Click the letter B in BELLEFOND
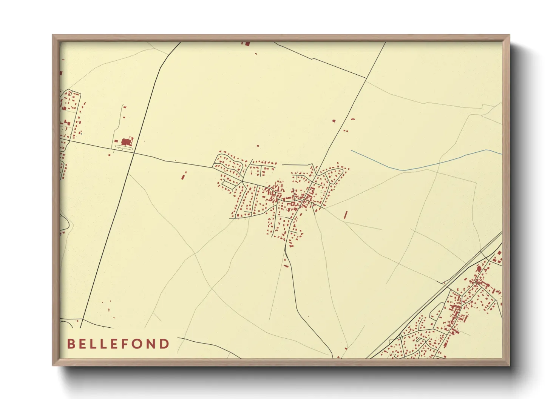pyautogui.click(x=71, y=344)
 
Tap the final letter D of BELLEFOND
pyautogui.click(x=165, y=344)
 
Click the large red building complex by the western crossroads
pyautogui.click(x=126, y=142)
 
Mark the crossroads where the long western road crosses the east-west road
pyautogui.click(x=133, y=152)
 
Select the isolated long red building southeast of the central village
pyautogui.click(x=346, y=215)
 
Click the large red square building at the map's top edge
pyautogui.click(x=247, y=43)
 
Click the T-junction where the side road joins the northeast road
pyautogui.click(x=366, y=78)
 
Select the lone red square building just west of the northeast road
pyautogui.click(x=334, y=121)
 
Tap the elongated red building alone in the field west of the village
pyautogui.click(x=184, y=176)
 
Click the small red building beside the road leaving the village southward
pyautogui.click(x=286, y=266)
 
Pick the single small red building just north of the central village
pyautogui.click(x=258, y=146)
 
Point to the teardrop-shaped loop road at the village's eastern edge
pyautogui.click(x=336, y=175)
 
